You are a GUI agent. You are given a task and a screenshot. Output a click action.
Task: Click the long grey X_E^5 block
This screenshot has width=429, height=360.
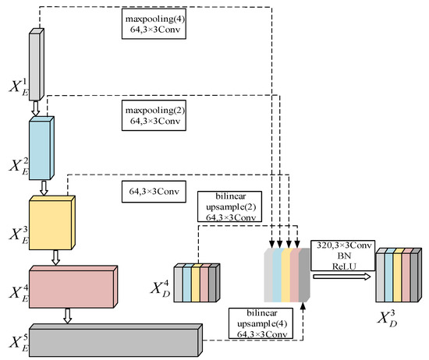click(117, 335)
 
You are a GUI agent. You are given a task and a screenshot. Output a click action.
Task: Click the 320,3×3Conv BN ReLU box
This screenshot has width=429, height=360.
click(341, 253)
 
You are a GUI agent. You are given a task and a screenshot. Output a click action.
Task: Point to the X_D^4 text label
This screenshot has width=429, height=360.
click(161, 283)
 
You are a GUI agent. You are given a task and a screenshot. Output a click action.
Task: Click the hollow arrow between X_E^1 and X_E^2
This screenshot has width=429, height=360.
click(35, 113)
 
